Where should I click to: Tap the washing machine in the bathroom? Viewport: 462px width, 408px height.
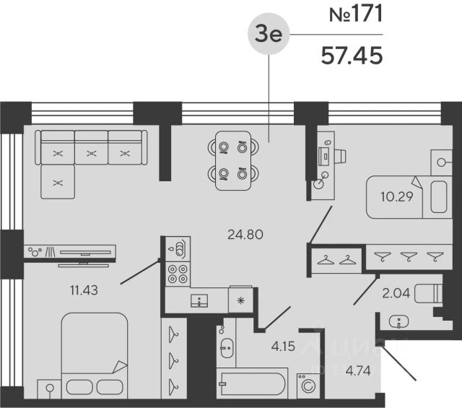pyautogui.click(x=306, y=386)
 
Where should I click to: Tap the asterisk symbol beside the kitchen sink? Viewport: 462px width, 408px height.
pyautogui.click(x=240, y=300)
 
